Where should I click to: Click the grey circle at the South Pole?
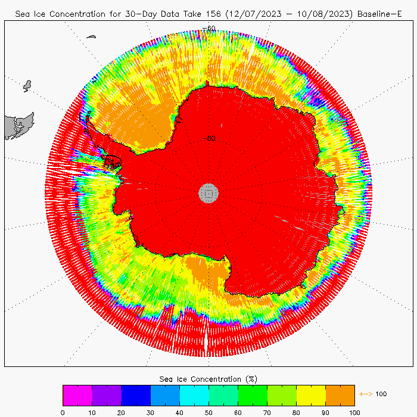pyautogui.click(x=208, y=192)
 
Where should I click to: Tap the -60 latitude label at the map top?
pyautogui.click(x=209, y=28)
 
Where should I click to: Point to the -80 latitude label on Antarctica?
pyautogui.click(x=209, y=139)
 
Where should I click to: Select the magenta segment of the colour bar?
pyautogui.click(x=77, y=395)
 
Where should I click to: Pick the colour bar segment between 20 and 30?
pyautogui.click(x=136, y=395)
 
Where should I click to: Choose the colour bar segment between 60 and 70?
pyautogui.click(x=253, y=395)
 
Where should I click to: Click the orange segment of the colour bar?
pyautogui.click(x=340, y=395)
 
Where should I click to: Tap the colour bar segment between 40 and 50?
pyautogui.click(x=194, y=395)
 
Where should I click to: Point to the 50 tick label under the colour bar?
pyautogui.click(x=208, y=411)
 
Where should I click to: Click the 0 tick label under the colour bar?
pyautogui.click(x=63, y=411)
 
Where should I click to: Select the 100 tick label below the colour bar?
pyautogui.click(x=354, y=411)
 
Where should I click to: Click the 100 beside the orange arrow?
pyautogui.click(x=381, y=394)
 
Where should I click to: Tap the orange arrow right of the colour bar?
pyautogui.click(x=365, y=394)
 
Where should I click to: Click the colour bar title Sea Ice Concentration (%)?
pyautogui.click(x=208, y=379)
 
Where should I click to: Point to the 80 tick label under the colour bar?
pyautogui.click(x=296, y=411)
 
